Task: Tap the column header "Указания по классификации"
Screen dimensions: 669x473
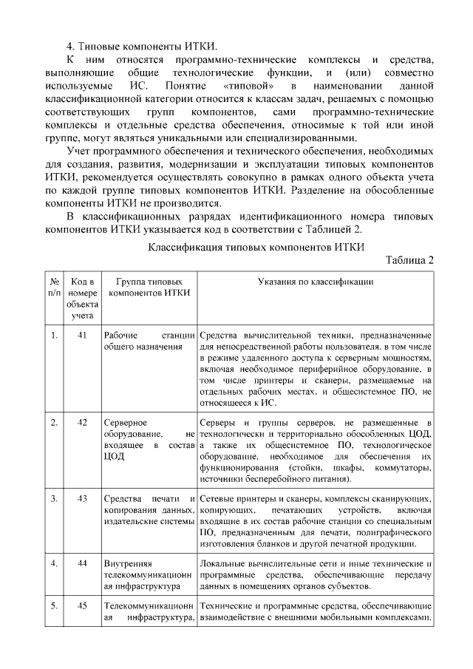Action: [315, 282]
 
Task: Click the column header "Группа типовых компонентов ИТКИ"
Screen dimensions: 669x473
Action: [149, 287]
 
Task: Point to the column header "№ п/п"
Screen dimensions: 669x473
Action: [54, 287]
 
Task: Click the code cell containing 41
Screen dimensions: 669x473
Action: [82, 335]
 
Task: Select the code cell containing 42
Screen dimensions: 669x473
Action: [82, 422]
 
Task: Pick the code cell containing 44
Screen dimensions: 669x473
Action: [82, 563]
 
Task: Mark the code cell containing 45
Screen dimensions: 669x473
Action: [82, 605]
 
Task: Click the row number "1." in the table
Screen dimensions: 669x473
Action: [54, 335]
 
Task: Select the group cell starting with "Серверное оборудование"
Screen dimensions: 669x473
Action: [149, 439]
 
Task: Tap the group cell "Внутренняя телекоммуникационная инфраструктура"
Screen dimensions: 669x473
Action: [149, 575]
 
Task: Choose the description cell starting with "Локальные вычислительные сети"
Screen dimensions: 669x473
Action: [315, 575]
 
